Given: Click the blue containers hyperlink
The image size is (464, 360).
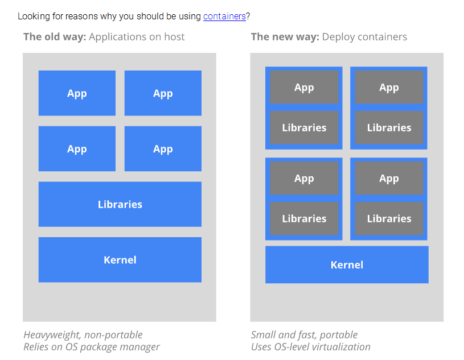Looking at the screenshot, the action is pos(224,16).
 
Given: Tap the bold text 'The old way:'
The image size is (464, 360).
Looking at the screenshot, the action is pos(55,37).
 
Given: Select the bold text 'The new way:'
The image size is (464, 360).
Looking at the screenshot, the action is pos(285,37).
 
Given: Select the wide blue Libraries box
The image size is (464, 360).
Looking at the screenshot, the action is pos(120,204).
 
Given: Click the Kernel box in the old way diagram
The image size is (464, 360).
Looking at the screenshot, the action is pos(120,260).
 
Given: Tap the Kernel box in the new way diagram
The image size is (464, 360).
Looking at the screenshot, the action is pos(347,264).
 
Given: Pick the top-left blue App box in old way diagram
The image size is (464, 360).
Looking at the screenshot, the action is pos(77,93).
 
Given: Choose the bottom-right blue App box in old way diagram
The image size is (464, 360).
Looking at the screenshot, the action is pos(163,148).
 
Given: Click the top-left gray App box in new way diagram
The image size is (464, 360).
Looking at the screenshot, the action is pos(304,87).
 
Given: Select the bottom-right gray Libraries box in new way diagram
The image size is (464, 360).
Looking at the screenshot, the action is pos(389,218).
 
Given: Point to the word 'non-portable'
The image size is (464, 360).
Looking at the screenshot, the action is pos(113,335).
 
